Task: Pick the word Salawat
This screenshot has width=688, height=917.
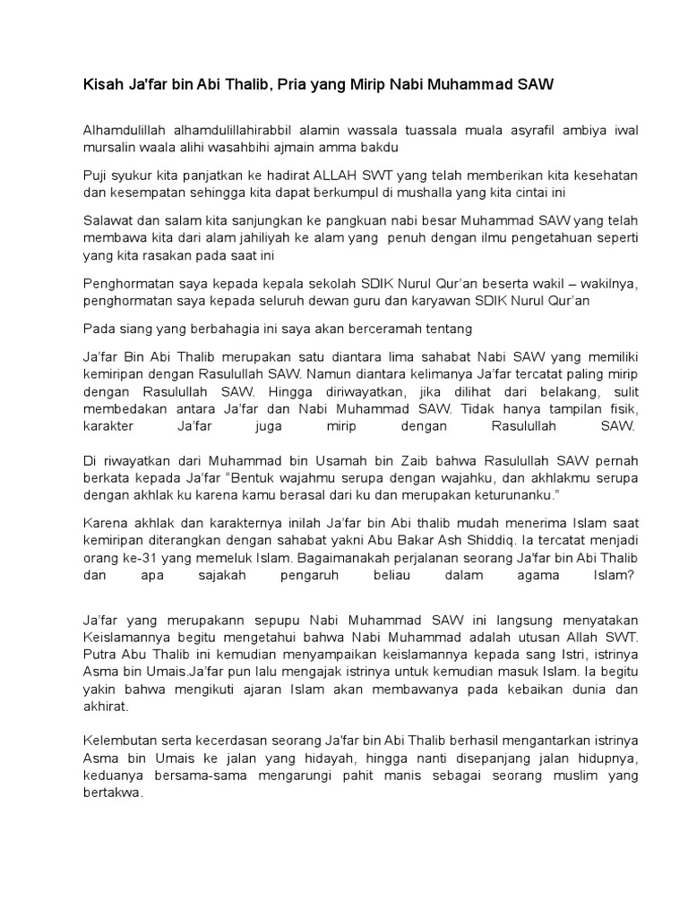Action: tap(110, 221)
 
